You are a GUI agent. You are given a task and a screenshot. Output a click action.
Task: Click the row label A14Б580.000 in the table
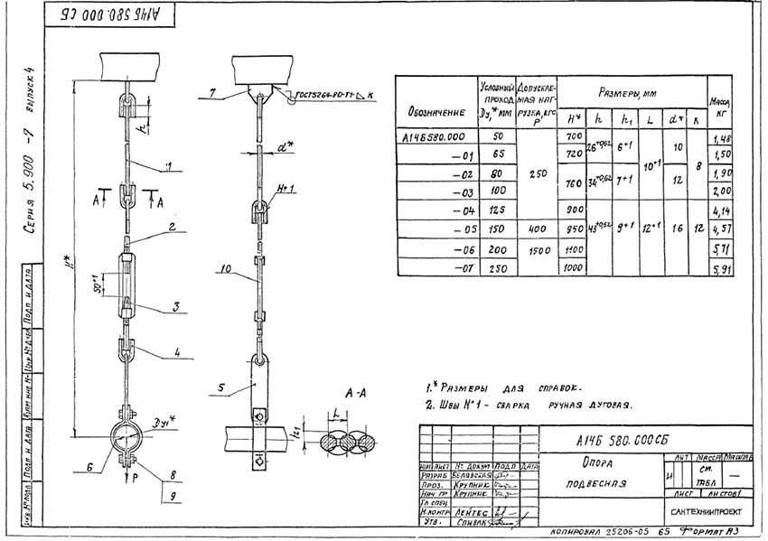click(437, 136)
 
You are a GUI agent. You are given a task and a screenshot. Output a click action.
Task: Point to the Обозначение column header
click(436, 113)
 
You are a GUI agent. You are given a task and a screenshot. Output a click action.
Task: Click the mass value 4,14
click(720, 210)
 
